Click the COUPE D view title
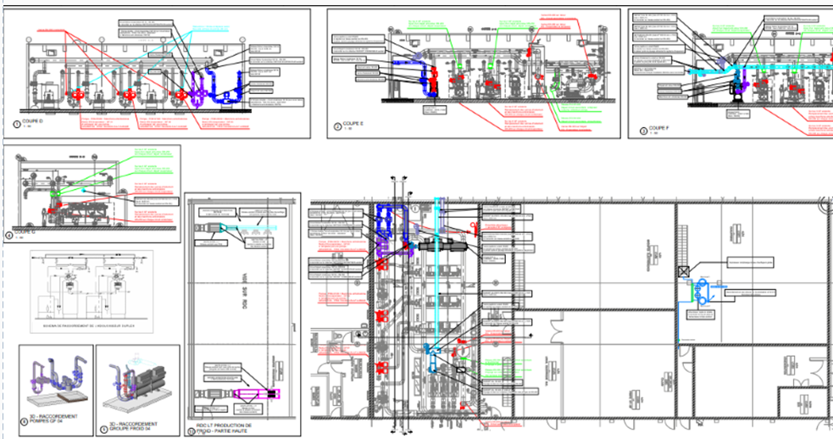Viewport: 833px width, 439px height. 32,122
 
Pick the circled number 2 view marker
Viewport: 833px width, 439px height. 338,127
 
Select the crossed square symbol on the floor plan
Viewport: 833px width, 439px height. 683,271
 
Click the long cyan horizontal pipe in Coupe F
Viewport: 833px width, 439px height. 763,64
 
